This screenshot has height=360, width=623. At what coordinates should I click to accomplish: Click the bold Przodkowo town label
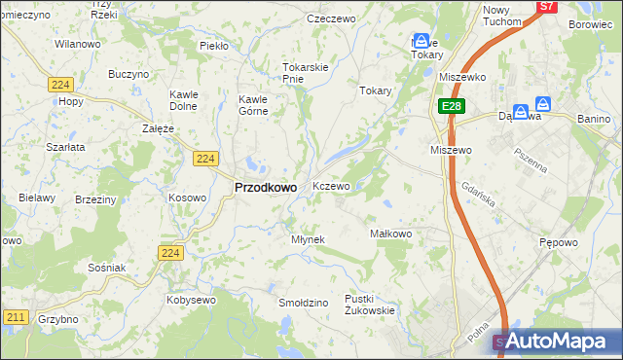[x=266, y=188]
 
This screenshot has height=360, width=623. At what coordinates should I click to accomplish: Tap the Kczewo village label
[x=331, y=186]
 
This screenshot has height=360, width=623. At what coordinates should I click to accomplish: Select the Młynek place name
[x=308, y=239]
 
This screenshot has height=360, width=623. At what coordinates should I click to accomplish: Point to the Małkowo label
[x=392, y=234]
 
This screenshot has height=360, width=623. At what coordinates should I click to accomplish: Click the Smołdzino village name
[x=303, y=303]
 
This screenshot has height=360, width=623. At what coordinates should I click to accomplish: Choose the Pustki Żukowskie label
[x=370, y=305]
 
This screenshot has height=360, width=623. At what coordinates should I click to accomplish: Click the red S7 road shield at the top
[x=547, y=6]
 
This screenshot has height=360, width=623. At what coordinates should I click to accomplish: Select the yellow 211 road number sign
[x=15, y=317]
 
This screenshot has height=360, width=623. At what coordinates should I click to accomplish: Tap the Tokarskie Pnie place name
[x=306, y=73]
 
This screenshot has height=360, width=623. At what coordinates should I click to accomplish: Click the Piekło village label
[x=213, y=46]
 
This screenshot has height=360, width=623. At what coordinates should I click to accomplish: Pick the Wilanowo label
[x=78, y=45]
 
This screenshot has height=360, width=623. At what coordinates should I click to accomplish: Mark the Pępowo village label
[x=561, y=241]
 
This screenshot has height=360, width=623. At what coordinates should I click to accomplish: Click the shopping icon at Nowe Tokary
[x=421, y=41]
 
